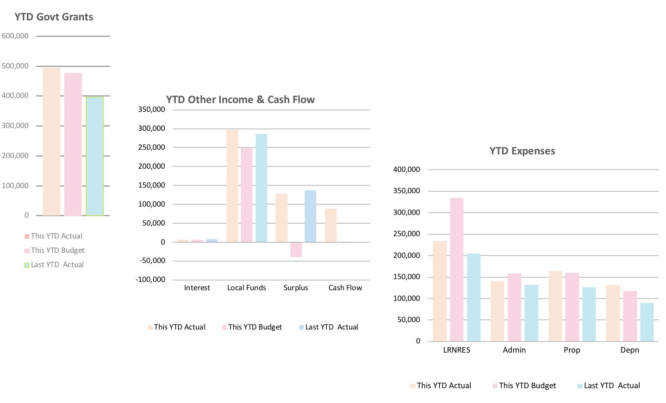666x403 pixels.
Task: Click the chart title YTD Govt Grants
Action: [54, 17]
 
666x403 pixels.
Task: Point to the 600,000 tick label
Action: [15, 36]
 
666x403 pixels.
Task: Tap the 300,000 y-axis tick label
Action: [15, 126]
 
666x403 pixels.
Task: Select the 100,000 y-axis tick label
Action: [15, 186]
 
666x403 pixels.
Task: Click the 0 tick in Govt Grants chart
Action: [26, 215]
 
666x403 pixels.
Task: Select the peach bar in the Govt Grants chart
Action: [51, 141]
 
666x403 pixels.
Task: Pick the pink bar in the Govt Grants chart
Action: [73, 144]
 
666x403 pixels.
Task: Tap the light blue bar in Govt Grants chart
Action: [95, 156]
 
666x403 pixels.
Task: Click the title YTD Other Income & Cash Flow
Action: [241, 100]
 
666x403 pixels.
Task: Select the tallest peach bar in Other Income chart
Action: [232, 186]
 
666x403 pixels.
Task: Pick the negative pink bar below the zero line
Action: [296, 250]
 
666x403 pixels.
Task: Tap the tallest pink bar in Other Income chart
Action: [247, 195]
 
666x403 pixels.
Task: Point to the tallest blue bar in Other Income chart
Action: [261, 188]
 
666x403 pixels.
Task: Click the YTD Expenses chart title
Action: [522, 151]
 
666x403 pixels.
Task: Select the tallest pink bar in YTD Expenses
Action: [457, 269]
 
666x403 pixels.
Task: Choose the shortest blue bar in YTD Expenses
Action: [647, 322]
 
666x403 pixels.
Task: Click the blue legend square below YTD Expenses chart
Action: [580, 386]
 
